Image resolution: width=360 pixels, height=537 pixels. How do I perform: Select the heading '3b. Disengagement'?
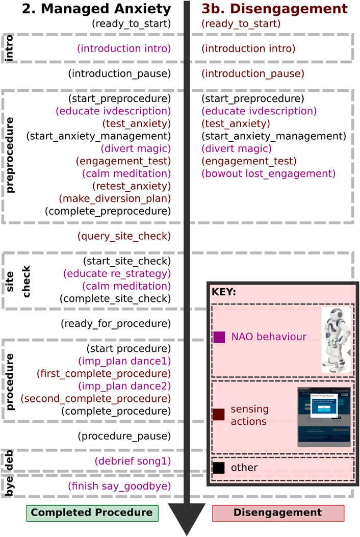(274, 9)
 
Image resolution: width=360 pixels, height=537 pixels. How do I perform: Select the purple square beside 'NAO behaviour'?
(219, 337)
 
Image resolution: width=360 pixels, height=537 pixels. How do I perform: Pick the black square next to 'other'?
(219, 467)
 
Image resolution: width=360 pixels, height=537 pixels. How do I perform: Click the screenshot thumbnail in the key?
(324, 417)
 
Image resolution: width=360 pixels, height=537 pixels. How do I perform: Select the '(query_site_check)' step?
(123, 236)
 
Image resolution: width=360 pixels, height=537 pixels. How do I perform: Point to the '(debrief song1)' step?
(132, 461)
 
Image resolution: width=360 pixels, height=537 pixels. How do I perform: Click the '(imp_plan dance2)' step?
(124, 386)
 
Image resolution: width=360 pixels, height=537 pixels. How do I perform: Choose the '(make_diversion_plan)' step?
(115, 199)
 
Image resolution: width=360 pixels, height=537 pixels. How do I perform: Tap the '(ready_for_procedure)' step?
(115, 323)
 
